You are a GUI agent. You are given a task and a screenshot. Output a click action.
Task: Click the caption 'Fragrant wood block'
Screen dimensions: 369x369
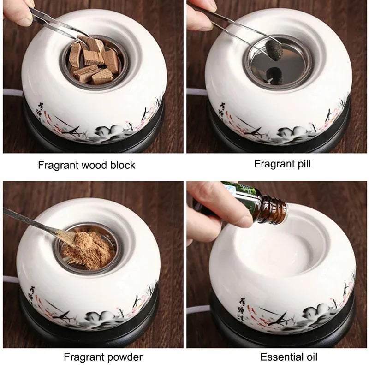86,165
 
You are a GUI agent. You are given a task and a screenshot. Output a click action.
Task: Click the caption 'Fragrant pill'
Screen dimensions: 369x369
282,163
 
